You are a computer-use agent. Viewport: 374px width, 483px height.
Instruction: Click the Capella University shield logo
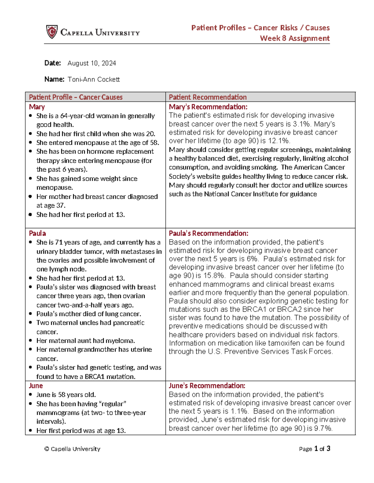[x=52, y=32]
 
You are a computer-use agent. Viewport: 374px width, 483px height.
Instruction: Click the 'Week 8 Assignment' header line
[x=295, y=38]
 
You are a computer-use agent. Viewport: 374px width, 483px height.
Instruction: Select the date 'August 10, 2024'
[x=92, y=63]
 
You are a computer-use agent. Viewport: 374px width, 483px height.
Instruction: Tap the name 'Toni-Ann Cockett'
[x=93, y=79]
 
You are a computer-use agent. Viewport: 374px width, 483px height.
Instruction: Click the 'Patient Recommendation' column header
[x=208, y=97]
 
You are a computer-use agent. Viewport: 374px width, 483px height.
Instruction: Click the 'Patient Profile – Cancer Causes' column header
[x=75, y=97]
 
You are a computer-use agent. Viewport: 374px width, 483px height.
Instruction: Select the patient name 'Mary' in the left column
[x=37, y=107]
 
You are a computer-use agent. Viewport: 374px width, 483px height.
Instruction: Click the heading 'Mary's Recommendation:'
[x=208, y=107]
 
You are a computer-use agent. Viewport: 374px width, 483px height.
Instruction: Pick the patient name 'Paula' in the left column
[x=37, y=233]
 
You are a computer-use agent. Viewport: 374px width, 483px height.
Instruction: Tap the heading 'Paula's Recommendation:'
[x=209, y=233]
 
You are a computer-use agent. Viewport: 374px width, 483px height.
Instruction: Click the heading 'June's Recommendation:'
[x=207, y=386]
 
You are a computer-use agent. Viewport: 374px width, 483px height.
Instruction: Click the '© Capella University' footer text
[x=72, y=449]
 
